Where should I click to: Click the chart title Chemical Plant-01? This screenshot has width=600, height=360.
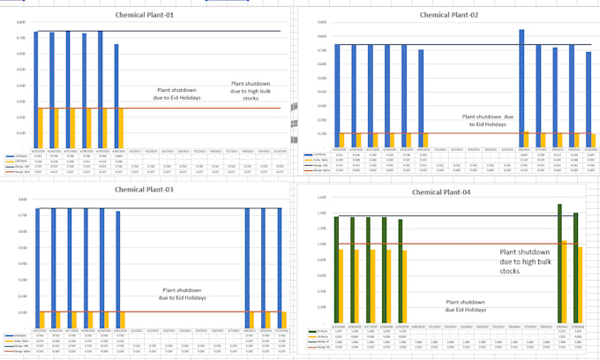[146, 16]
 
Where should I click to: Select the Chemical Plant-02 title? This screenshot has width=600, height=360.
[448, 15]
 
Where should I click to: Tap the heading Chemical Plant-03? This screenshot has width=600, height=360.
[146, 190]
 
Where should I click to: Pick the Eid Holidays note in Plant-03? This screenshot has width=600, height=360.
[186, 294]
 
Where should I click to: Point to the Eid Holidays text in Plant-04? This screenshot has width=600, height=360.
[464, 305]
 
